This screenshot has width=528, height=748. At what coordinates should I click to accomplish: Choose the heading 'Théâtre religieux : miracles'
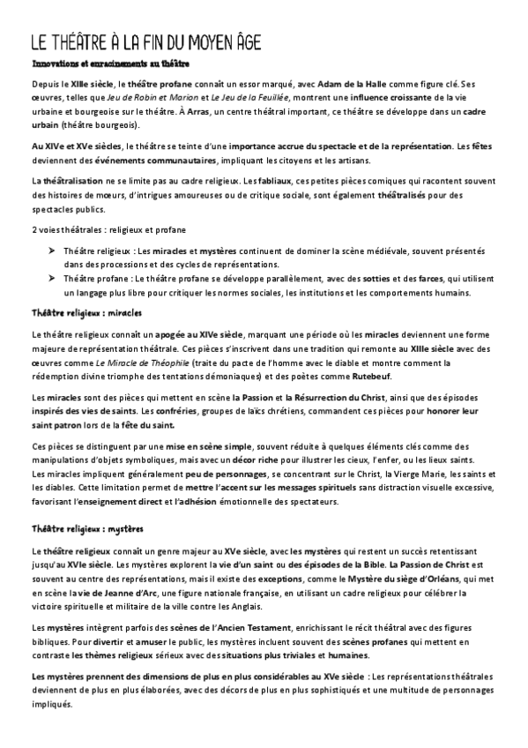pyautogui.click(x=86, y=313)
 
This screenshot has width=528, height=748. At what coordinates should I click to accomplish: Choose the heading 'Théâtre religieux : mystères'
pyautogui.click(x=86, y=530)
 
